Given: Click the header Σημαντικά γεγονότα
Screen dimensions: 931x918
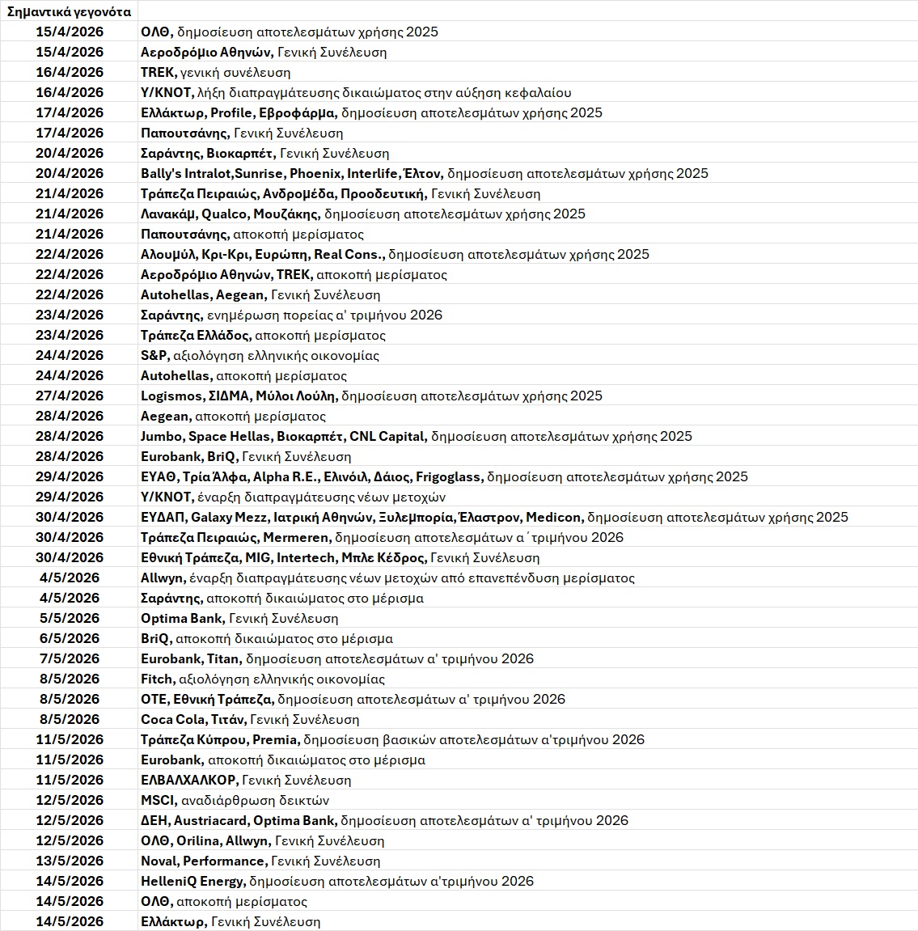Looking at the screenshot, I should point(69,11).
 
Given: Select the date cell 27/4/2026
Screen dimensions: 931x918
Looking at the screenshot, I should point(70,396).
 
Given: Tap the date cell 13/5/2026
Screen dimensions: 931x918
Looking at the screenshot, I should point(70,861).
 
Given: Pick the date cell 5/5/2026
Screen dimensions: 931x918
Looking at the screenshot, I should point(70,618).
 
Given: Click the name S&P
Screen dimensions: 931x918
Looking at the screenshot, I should point(153,355).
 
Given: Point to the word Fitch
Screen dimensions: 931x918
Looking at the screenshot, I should point(157,679).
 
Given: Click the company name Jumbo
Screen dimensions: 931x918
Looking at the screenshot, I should point(161,436).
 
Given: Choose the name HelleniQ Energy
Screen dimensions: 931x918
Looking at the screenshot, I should point(192,881).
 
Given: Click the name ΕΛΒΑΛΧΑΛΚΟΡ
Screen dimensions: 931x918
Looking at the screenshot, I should point(188,780).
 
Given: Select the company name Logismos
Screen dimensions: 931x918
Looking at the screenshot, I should point(171,396).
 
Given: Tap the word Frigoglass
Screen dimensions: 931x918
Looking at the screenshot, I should point(448,476).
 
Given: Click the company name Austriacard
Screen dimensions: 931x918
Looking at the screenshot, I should point(215,820).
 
